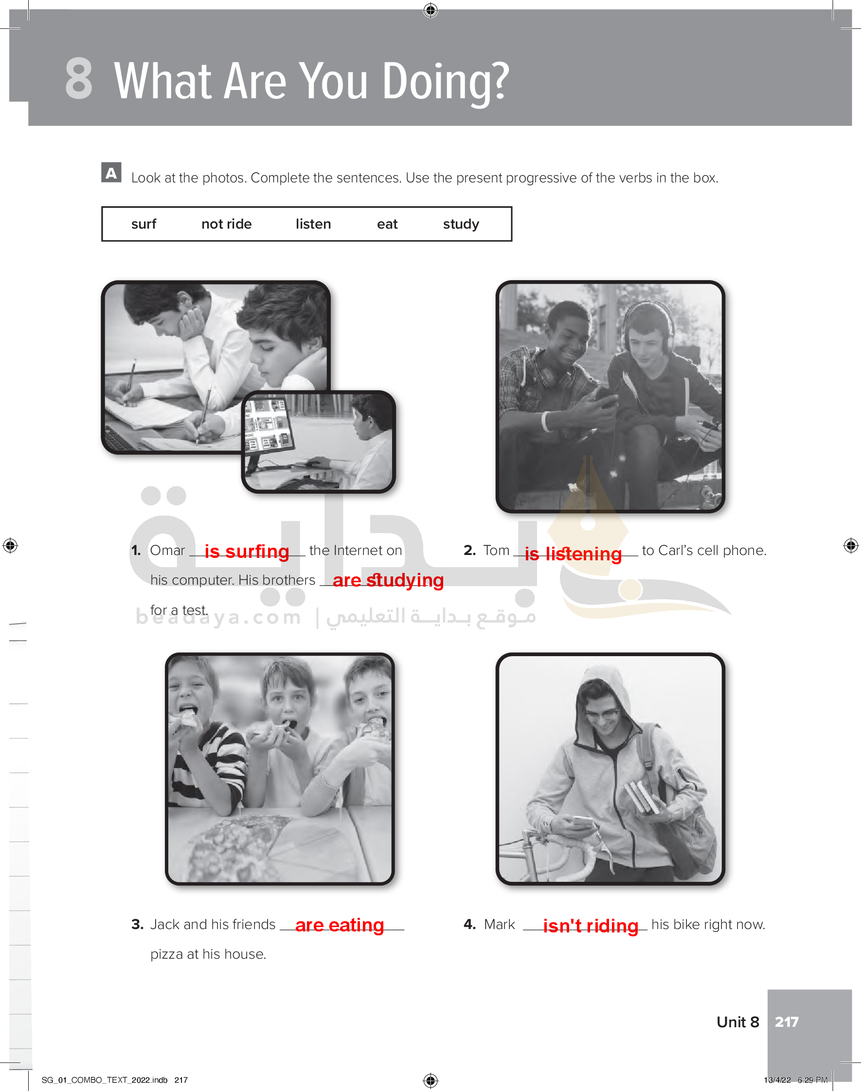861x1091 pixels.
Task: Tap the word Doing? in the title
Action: tap(446, 82)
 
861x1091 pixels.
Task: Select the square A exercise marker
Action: tap(111, 172)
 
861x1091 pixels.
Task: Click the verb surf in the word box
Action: tap(143, 224)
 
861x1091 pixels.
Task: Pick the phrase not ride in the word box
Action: tap(226, 224)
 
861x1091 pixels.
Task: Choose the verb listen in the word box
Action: tap(313, 224)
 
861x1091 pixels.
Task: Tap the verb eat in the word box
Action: tap(387, 224)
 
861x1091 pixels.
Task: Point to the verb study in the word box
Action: tap(461, 224)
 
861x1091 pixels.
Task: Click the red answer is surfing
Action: tap(247, 552)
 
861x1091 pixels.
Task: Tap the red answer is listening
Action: tap(573, 554)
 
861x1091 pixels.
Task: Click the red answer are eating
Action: tap(339, 925)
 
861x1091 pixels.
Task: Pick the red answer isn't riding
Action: tap(591, 926)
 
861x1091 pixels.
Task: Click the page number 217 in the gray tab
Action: tap(787, 1021)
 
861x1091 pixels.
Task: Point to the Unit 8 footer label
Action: tap(737, 1021)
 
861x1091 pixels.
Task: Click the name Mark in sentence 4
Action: tap(499, 924)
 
